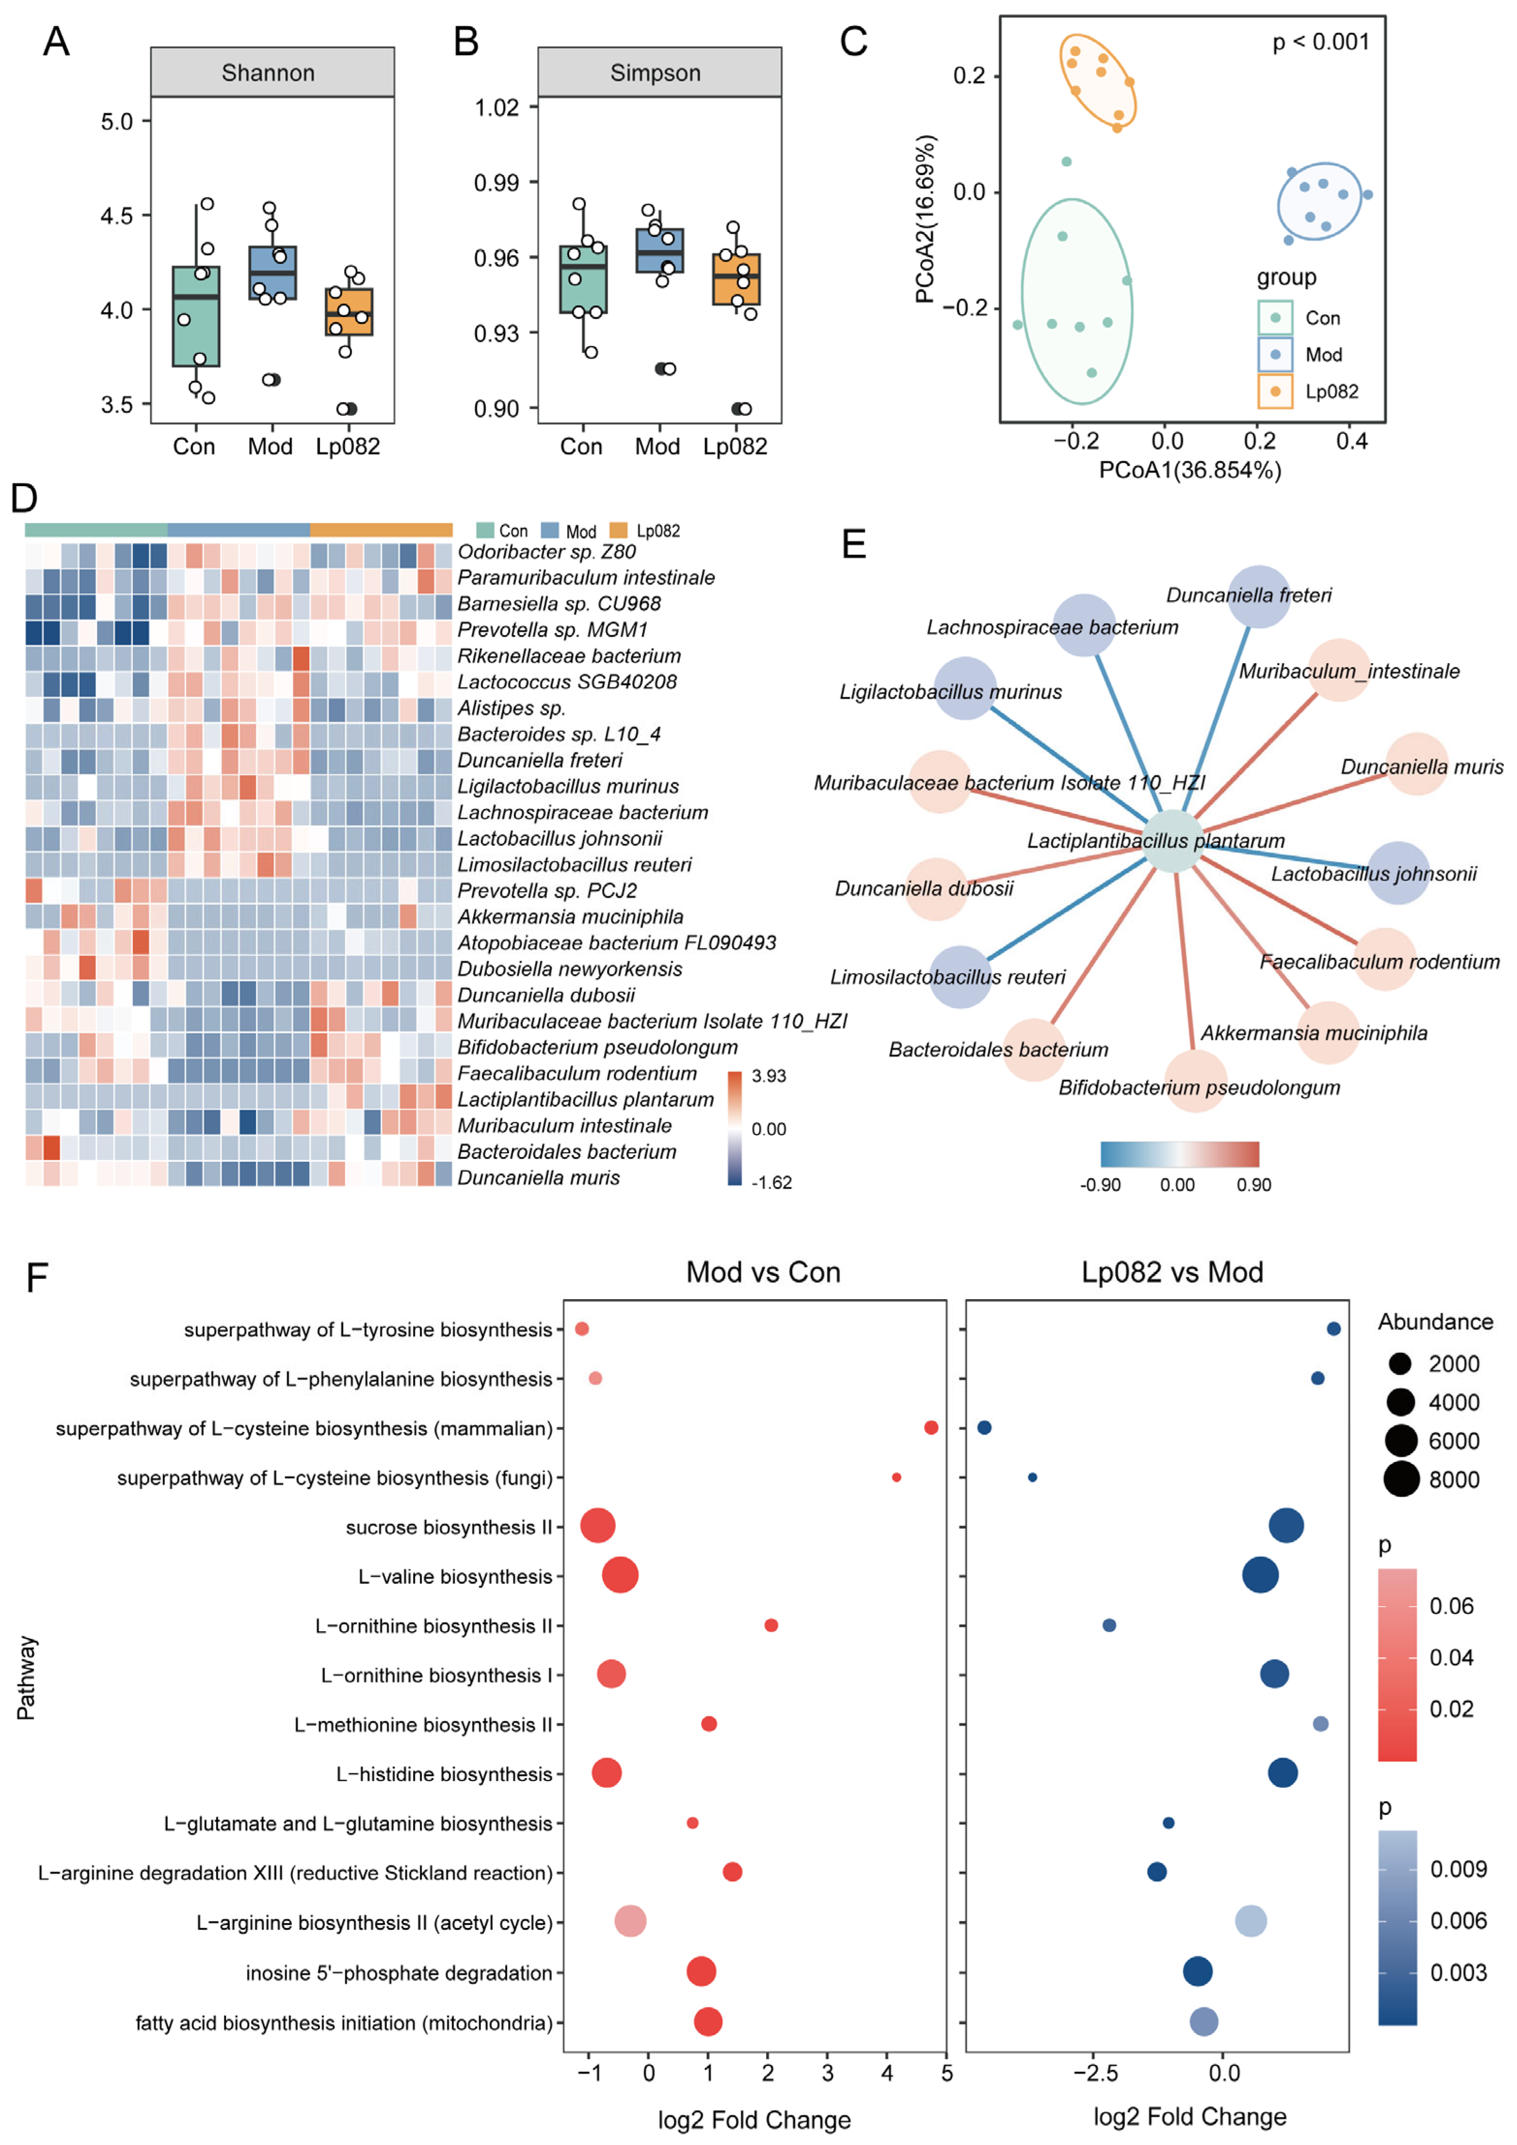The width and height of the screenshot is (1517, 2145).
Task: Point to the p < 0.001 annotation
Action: (1320, 42)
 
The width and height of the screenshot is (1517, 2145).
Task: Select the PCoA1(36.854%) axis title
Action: (1189, 470)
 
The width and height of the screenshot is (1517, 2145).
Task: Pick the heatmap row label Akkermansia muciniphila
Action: (570, 917)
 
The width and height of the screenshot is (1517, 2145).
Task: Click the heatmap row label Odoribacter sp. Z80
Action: (546, 551)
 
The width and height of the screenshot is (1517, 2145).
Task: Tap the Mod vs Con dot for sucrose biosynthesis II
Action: (598, 1525)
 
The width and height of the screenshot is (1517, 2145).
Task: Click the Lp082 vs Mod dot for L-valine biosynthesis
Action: (1260, 1575)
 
